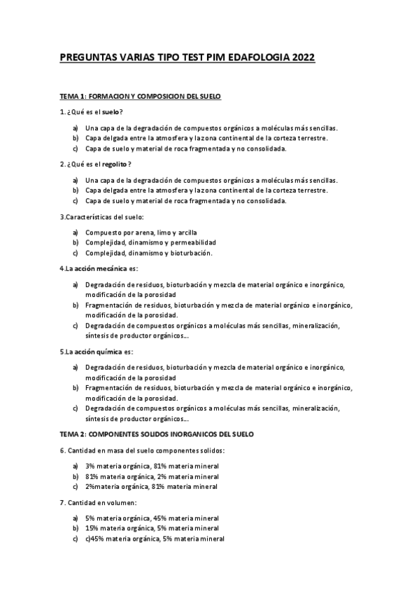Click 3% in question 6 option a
point(90,467)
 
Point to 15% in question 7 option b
point(92,528)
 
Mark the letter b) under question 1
point(75,138)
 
